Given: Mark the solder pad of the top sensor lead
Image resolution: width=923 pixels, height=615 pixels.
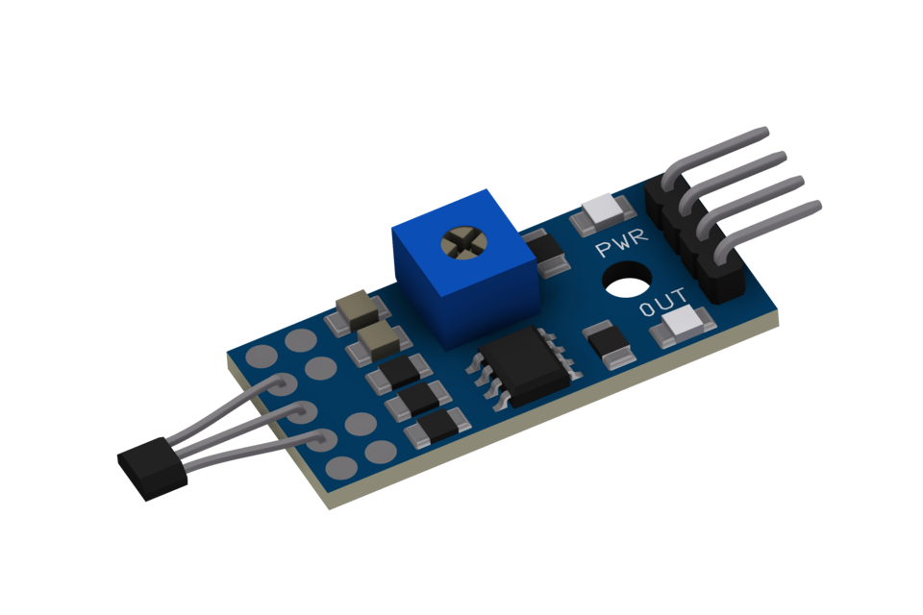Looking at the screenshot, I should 279,385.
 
